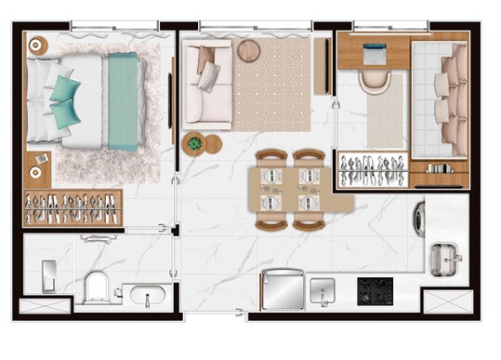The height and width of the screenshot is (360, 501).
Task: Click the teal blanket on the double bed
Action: (x=122, y=102)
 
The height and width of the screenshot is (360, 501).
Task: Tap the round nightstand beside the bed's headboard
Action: (x=37, y=45)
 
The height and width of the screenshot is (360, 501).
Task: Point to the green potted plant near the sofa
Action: (x=194, y=144)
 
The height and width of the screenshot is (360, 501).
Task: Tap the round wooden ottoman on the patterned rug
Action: (x=248, y=50)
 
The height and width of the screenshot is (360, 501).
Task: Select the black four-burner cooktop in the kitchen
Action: (x=377, y=291)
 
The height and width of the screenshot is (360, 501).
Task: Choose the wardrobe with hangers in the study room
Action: (x=371, y=169)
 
